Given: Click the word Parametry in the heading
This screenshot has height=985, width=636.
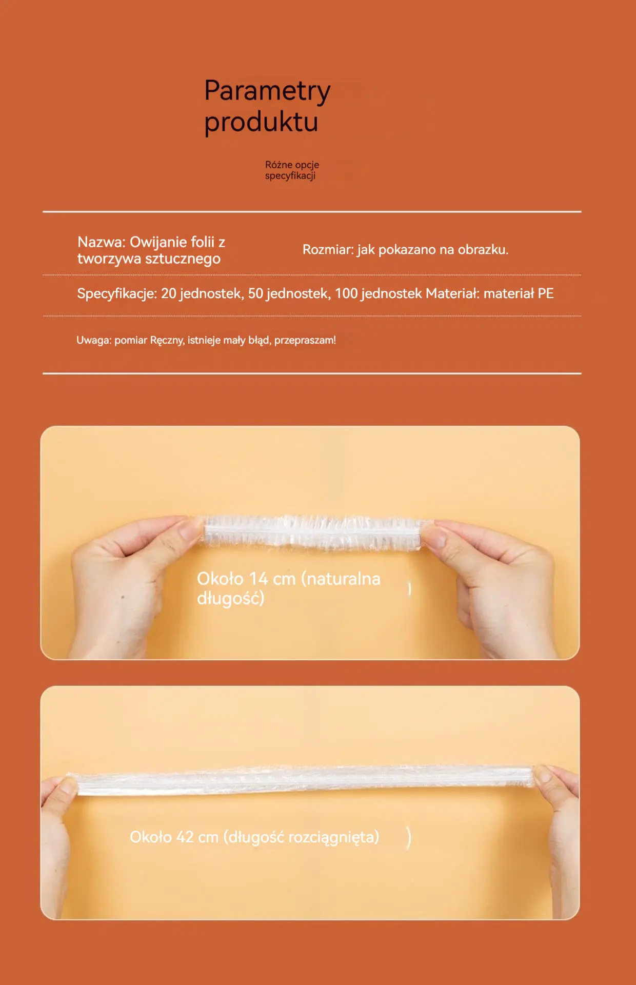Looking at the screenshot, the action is pyautogui.click(x=267, y=91).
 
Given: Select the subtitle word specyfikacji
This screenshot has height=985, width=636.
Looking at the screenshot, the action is pyautogui.click(x=290, y=176).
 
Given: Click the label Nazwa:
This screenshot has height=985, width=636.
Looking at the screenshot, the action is pyautogui.click(x=102, y=242).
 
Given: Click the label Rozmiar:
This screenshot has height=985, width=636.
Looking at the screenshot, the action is pyautogui.click(x=328, y=250).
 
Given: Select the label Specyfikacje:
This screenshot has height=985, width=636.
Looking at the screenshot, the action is pyautogui.click(x=117, y=294).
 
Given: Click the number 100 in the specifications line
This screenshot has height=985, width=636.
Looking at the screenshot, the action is pyautogui.click(x=346, y=293).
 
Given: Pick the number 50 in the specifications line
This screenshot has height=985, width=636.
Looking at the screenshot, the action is pyautogui.click(x=255, y=293).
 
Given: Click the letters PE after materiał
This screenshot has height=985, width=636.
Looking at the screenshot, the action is pyautogui.click(x=546, y=293).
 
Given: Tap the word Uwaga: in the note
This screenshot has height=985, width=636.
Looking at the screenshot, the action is pyautogui.click(x=94, y=340).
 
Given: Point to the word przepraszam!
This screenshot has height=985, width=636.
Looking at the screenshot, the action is pyautogui.click(x=305, y=341).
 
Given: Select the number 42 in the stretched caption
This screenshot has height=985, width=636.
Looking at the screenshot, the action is pyautogui.click(x=185, y=837).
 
